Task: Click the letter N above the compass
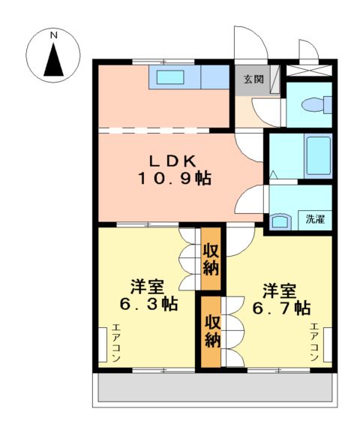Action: pos(53,35)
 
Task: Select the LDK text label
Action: pos(172,160)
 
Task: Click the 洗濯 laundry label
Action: pos(315,220)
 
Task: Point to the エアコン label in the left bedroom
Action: pos(115,343)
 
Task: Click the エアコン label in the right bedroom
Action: pos(314,342)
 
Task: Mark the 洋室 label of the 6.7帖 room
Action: pos(278,289)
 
